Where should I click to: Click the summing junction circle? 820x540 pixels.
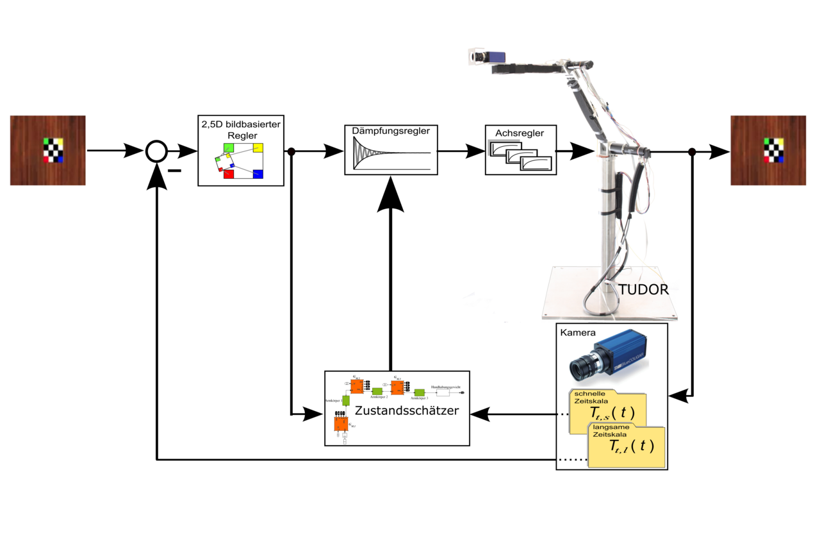point(156,151)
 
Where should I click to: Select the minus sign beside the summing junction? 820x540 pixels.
point(174,171)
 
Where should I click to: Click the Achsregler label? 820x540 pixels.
point(520,133)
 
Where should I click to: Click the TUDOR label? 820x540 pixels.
point(643,289)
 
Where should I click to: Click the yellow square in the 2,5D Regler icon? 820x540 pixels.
point(258,148)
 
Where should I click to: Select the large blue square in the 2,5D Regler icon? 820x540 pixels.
point(258,174)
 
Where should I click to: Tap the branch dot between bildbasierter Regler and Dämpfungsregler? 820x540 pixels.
point(291,152)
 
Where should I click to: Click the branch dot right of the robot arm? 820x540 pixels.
point(692,152)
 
